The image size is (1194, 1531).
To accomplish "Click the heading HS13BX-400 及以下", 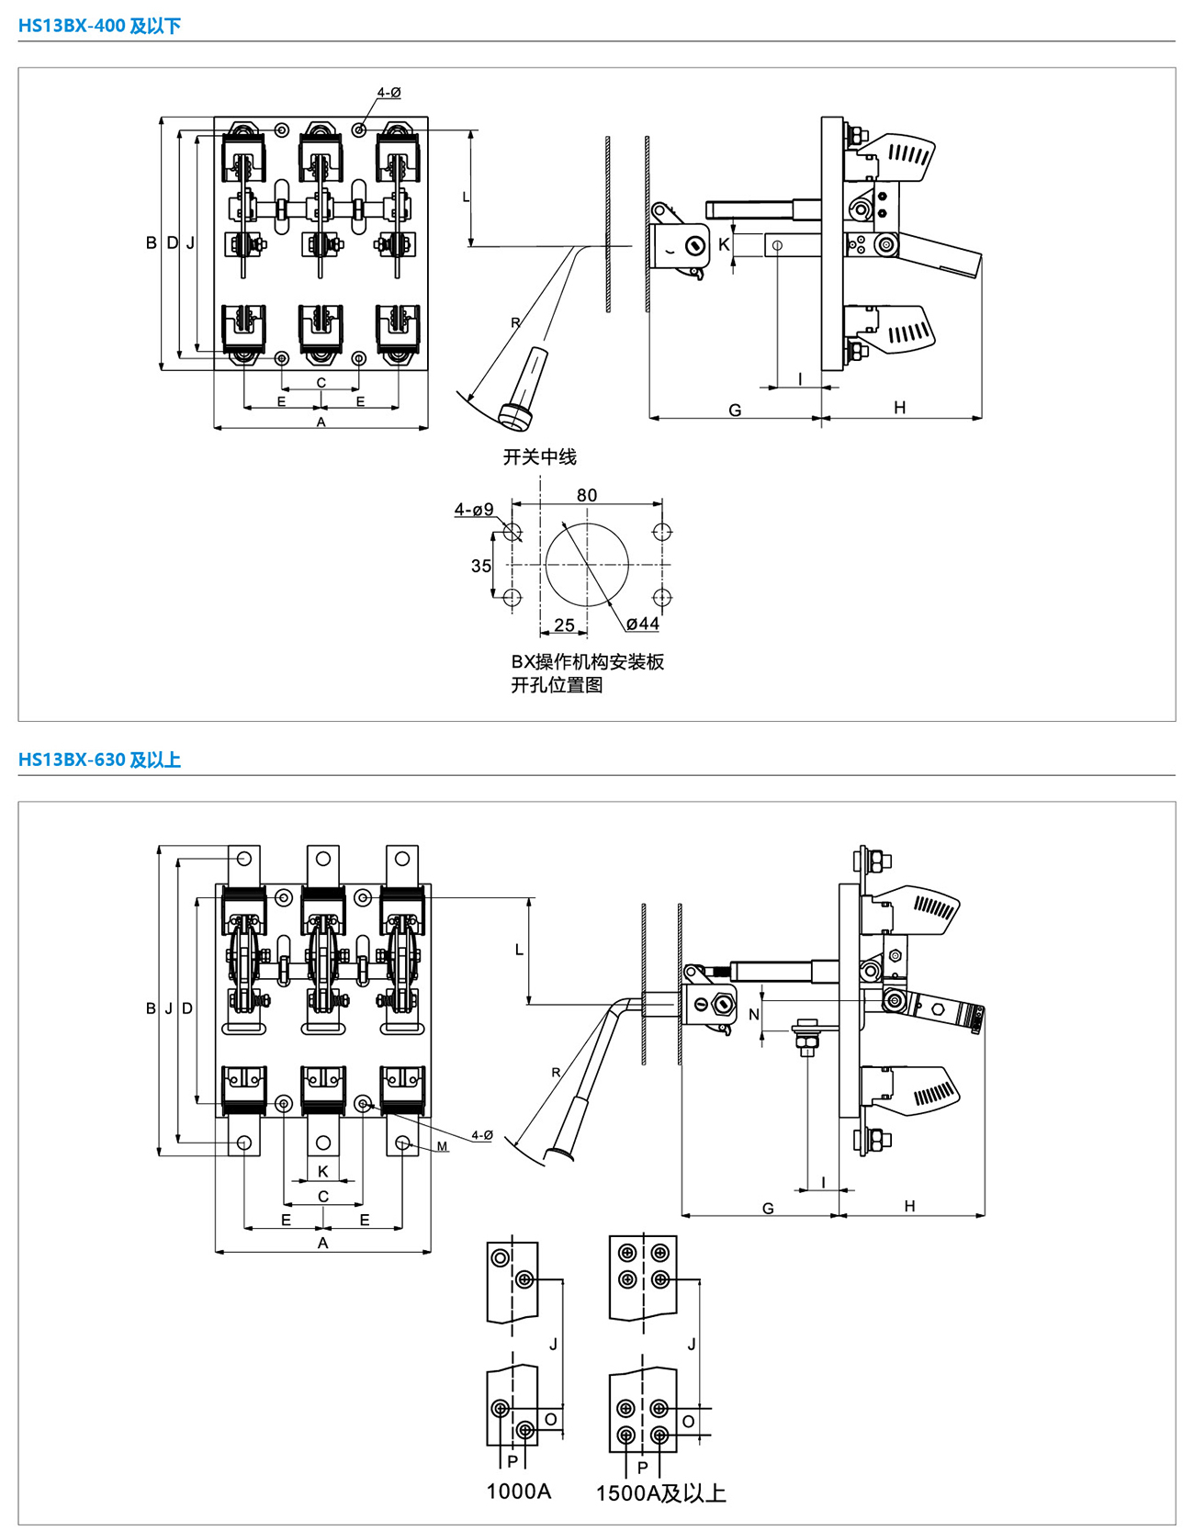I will tap(99, 26).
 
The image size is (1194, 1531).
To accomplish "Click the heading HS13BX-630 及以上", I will tap(99, 760).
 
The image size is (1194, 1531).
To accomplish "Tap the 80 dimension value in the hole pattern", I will tap(587, 495).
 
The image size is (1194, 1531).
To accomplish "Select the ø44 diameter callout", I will tap(643, 624).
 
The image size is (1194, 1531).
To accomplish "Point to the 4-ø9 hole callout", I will tap(474, 510).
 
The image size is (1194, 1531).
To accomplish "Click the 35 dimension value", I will tap(481, 566).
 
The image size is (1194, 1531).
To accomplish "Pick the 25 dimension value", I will tap(564, 625).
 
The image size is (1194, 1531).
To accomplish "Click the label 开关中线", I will tap(539, 456).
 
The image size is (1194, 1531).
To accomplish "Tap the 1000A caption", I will tap(518, 1492).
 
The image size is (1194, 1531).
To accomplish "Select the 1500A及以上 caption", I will tap(660, 1493).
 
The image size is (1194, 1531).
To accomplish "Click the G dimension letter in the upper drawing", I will tap(735, 410).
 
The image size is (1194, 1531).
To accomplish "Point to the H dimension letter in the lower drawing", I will tap(909, 1206).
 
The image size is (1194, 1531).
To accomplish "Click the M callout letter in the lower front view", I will tap(443, 1146).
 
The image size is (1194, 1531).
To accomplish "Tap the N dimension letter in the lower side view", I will tap(754, 1014).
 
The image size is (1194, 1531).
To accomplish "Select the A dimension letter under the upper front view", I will tap(321, 422).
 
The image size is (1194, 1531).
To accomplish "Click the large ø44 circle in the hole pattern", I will tap(587, 565).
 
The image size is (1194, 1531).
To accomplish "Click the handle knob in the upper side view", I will tap(516, 415).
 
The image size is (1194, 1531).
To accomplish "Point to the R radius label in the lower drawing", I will tap(556, 1073).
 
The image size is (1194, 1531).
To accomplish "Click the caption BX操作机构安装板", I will tap(587, 661).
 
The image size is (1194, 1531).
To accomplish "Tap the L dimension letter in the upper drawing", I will tap(467, 197).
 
